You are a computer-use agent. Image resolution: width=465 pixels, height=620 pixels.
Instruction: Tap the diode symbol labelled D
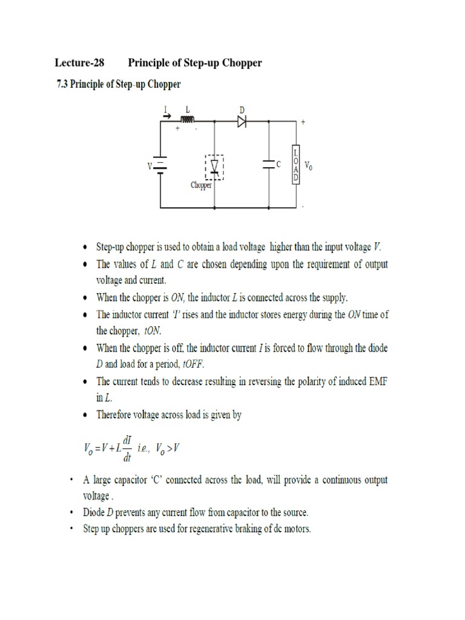(242, 121)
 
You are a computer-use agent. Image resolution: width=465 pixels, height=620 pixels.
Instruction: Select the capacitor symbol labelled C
(268, 163)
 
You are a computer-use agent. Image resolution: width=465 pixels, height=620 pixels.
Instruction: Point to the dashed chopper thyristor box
(214, 167)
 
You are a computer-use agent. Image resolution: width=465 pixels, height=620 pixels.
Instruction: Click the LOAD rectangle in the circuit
(295, 163)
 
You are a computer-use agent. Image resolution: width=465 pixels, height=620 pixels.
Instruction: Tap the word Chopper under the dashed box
(201, 185)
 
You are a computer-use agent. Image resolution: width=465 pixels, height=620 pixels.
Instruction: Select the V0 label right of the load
(309, 165)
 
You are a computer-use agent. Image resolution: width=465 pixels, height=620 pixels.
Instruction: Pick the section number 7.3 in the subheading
(62, 85)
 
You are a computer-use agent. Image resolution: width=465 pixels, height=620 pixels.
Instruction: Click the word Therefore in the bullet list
(117, 415)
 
